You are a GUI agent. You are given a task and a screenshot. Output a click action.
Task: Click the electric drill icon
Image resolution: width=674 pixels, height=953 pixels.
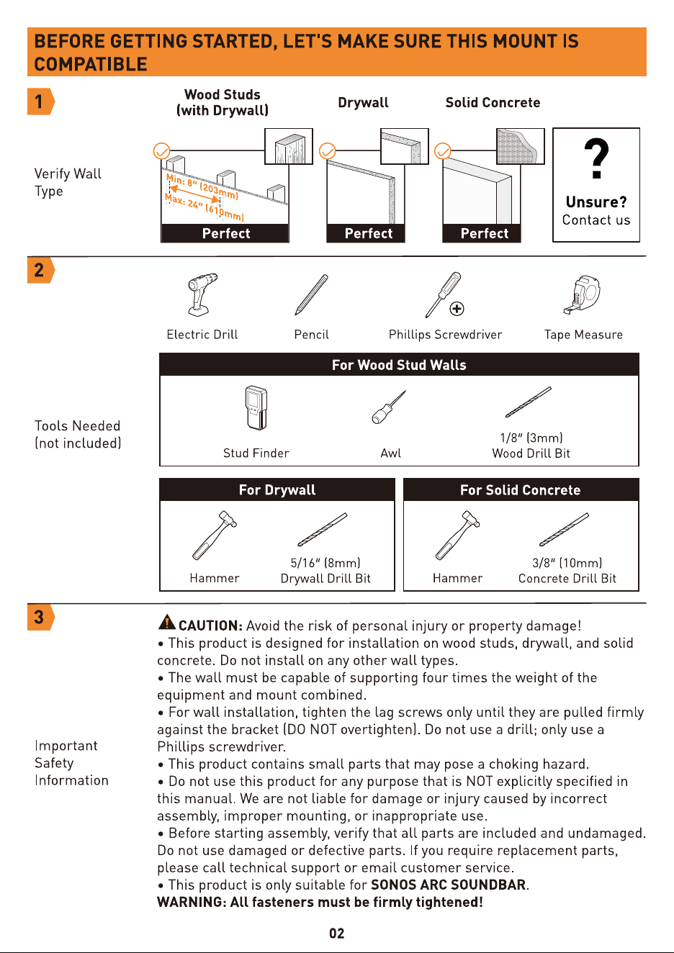[x=202, y=294]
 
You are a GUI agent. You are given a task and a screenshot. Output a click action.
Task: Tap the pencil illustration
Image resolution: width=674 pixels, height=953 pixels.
[x=312, y=294]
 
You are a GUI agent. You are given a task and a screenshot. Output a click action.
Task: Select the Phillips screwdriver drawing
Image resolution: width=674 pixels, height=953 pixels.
[x=444, y=294]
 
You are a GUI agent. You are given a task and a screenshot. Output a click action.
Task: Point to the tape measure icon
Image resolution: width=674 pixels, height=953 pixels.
[x=582, y=294]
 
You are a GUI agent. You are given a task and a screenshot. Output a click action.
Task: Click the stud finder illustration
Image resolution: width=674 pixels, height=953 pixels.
[x=256, y=407]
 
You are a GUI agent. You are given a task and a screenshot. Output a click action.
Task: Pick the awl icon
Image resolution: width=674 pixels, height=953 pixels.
[x=389, y=407]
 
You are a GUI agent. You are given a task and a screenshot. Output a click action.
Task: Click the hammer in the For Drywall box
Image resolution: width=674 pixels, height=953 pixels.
[x=215, y=536]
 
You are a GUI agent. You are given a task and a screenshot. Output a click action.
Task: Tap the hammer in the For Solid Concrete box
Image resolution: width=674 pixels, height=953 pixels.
[x=457, y=536]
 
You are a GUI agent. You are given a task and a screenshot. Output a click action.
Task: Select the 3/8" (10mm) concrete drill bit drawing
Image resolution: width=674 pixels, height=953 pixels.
[x=565, y=529]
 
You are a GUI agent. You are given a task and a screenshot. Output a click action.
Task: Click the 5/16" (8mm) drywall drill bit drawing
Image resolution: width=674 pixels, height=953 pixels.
[x=323, y=529]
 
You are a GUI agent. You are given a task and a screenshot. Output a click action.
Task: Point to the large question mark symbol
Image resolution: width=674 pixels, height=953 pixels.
[x=596, y=158]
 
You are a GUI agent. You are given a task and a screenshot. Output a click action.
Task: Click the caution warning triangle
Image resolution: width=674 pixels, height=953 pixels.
[x=167, y=622]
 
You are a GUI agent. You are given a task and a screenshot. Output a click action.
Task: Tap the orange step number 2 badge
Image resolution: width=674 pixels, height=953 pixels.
[x=40, y=270]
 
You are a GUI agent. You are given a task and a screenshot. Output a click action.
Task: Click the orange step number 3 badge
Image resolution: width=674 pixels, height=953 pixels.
[x=40, y=617]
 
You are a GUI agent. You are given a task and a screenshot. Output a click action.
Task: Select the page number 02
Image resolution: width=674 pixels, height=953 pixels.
[x=336, y=934]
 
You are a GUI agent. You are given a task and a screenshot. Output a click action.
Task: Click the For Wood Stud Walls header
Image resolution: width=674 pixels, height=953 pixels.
[x=399, y=365]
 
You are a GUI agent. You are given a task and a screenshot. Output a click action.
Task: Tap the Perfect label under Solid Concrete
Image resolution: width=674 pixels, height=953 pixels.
[x=484, y=233]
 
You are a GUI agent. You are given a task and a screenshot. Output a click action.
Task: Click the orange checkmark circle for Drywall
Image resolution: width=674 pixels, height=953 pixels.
[x=328, y=150]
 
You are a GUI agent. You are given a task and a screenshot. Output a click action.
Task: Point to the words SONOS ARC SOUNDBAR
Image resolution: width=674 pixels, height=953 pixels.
[x=449, y=885]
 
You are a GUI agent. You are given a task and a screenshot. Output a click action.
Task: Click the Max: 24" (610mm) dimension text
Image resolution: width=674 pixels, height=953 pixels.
[x=205, y=207]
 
